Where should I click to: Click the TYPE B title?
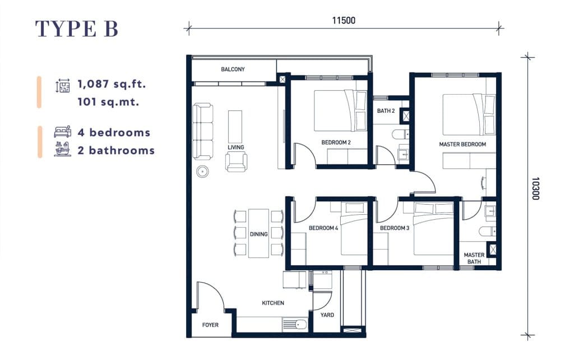click(76, 29)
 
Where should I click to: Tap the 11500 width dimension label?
click(344, 21)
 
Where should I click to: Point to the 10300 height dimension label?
click(535, 188)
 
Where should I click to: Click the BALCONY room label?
click(233, 69)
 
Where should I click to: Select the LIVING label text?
click(236, 147)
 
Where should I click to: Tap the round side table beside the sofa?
click(202, 171)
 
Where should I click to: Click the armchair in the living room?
click(236, 162)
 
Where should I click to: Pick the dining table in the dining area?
click(259, 233)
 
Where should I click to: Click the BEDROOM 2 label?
click(336, 142)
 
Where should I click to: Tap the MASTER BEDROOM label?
click(462, 144)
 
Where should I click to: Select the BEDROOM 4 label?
click(323, 228)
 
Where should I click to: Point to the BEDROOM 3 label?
click(395, 228)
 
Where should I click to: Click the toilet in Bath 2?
click(400, 135)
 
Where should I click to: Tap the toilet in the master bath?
click(487, 231)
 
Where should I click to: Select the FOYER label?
click(210, 325)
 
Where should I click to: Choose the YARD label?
click(327, 315)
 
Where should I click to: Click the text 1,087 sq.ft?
click(112, 84)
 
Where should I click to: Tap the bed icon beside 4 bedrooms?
click(63, 131)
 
